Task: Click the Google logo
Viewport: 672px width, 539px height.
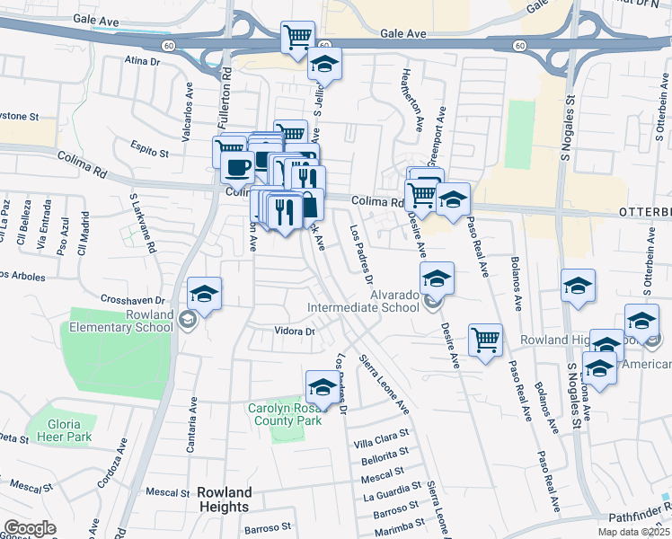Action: [30, 528]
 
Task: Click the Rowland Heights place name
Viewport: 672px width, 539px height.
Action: [224, 499]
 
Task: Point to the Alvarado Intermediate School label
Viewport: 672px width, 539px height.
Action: [363, 300]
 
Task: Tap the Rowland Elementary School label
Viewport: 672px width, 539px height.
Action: [124, 321]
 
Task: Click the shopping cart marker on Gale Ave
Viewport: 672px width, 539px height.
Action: [297, 38]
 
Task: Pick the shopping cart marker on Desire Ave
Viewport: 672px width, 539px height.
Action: [485, 340]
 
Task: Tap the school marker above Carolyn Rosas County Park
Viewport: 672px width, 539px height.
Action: [323, 386]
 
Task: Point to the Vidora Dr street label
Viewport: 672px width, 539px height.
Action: [296, 331]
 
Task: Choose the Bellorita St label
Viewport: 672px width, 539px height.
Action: [385, 459]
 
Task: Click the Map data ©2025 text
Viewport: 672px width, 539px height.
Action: [632, 533]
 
